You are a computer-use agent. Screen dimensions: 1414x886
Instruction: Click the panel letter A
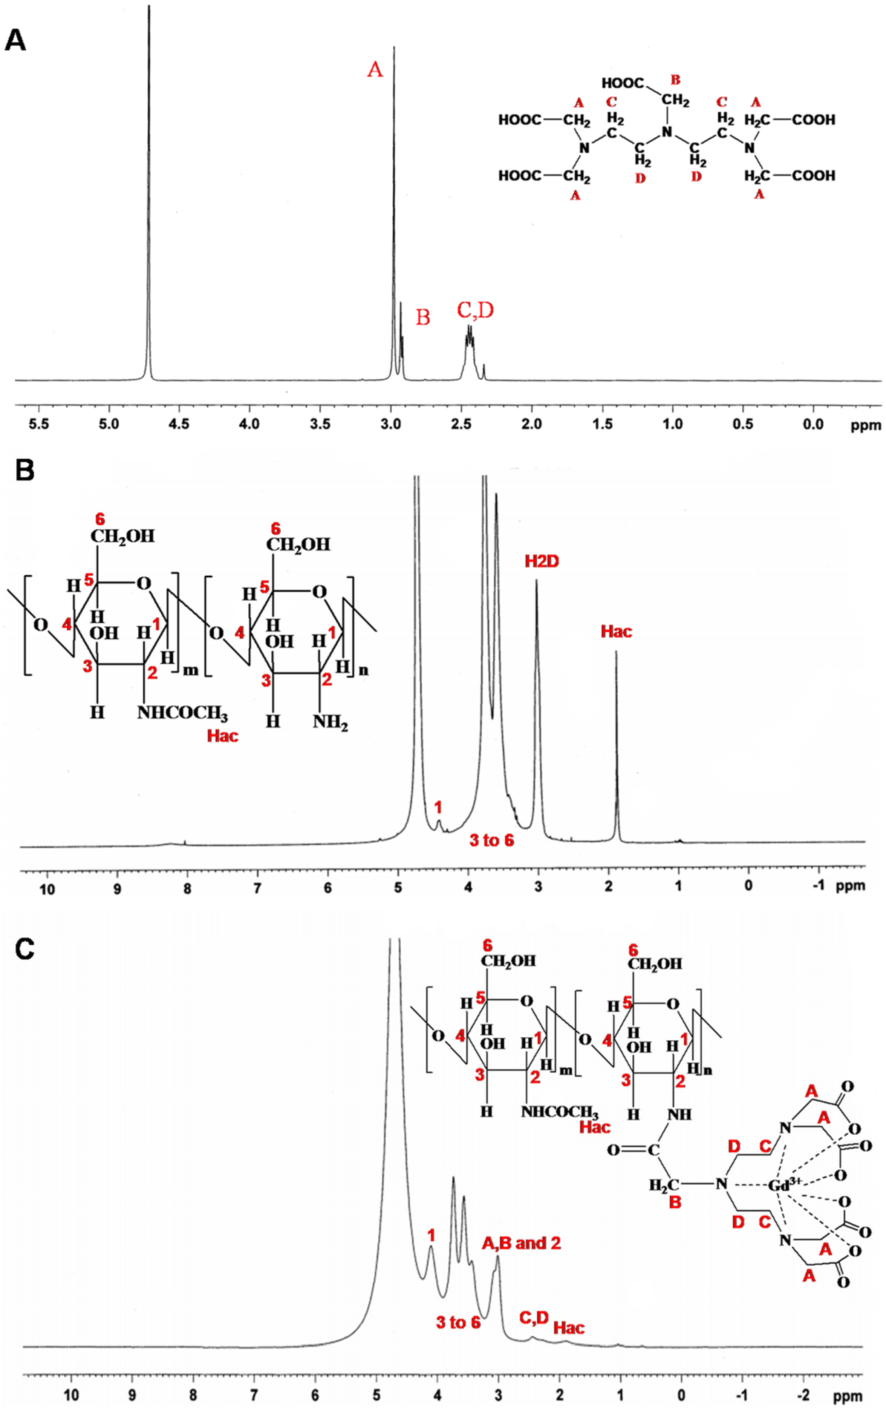pyautogui.click(x=15, y=41)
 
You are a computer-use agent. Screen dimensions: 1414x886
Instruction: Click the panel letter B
pyautogui.click(x=24, y=470)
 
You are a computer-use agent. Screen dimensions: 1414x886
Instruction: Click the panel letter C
pyautogui.click(x=24, y=949)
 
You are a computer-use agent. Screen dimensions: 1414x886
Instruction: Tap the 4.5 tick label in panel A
pyautogui.click(x=179, y=423)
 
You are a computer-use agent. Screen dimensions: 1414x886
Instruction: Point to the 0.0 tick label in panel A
pyautogui.click(x=813, y=423)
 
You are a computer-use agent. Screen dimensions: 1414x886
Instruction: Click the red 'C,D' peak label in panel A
pyautogui.click(x=475, y=310)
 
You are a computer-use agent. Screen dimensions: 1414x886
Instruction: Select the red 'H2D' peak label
pyautogui.click(x=542, y=561)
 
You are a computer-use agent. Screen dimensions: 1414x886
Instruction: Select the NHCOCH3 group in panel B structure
pyautogui.click(x=182, y=713)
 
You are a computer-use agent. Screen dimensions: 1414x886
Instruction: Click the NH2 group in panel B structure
pyautogui.click(x=330, y=722)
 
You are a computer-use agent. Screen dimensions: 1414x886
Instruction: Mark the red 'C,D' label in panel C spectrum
pyautogui.click(x=534, y=1318)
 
